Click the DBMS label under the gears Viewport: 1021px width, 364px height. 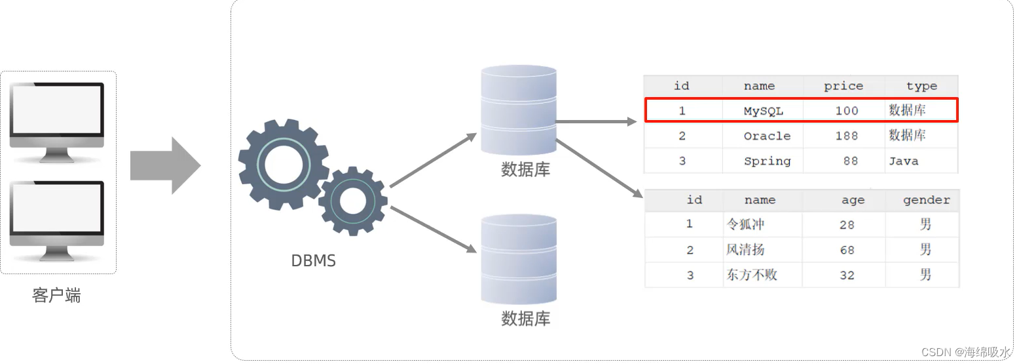coord(313,261)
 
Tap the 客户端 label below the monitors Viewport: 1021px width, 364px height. coord(56,296)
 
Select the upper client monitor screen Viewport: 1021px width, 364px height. coord(57,109)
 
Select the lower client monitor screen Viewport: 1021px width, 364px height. coord(57,207)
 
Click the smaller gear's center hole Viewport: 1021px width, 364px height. coord(353,201)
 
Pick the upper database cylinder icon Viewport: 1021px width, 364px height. coord(519,110)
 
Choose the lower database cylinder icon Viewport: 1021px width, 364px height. coord(519,259)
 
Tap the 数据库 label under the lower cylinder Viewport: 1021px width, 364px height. coord(525,319)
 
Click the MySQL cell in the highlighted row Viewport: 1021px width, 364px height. coord(763,111)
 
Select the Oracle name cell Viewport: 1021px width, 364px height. coord(767,136)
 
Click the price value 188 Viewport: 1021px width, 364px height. coord(846,136)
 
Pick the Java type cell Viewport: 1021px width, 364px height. coord(903,161)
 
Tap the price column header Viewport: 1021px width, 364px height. coord(843,86)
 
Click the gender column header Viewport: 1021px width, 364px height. coord(926,200)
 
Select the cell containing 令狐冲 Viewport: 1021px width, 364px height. coord(745,224)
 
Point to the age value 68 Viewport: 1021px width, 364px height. coord(847,250)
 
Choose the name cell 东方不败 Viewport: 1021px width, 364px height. coord(751,275)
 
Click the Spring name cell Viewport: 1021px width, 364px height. coord(767,161)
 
